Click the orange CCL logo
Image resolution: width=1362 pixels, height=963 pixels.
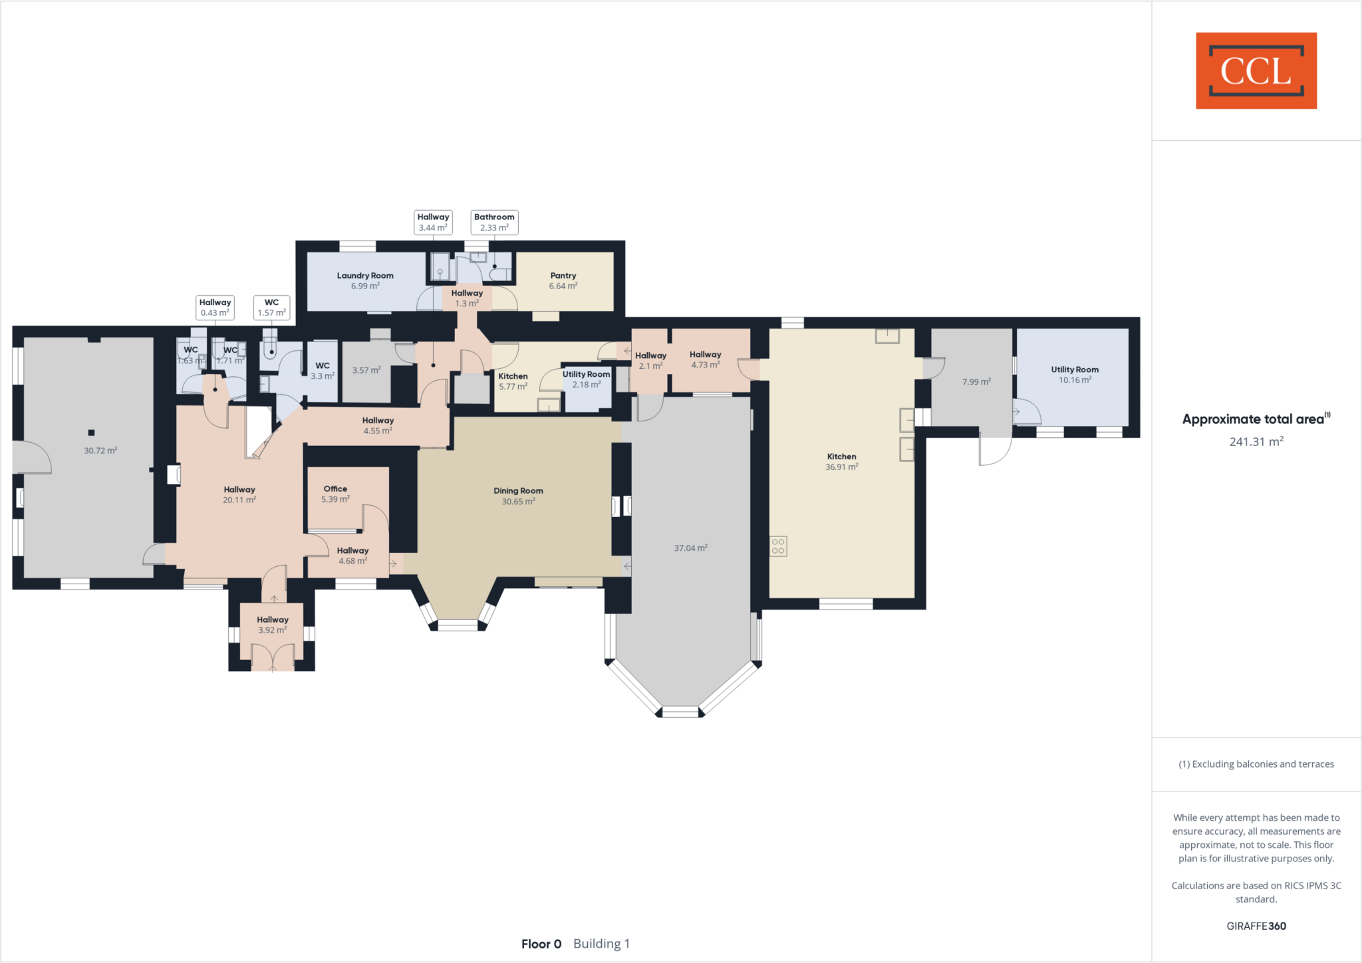click(x=1256, y=70)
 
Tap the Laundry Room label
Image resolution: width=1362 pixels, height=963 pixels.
click(x=365, y=276)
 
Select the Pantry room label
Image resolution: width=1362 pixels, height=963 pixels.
click(x=563, y=276)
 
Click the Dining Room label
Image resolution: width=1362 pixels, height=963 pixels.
click(x=518, y=491)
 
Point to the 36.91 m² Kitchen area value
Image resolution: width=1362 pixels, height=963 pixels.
click(x=841, y=467)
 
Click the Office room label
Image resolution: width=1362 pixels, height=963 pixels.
click(x=335, y=489)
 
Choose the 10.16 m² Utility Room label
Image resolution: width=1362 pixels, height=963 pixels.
click(x=1075, y=370)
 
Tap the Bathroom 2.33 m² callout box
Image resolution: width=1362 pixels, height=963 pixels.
click(x=494, y=222)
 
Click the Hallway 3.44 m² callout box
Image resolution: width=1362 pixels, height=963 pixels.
click(x=433, y=222)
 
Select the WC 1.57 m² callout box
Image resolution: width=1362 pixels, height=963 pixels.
click(x=271, y=308)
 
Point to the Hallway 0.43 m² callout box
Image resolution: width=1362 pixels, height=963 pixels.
click(x=215, y=308)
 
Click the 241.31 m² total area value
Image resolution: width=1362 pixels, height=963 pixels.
click(x=1256, y=442)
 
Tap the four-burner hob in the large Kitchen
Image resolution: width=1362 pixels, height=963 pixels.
click(x=778, y=546)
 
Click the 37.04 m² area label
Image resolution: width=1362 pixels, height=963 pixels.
click(x=690, y=548)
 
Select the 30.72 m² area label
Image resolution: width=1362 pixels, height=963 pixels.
click(x=100, y=451)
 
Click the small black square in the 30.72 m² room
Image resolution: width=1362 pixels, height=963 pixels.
click(x=91, y=433)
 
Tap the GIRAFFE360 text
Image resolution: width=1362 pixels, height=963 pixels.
click(x=1256, y=926)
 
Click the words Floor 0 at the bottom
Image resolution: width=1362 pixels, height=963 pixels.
click(x=541, y=944)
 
